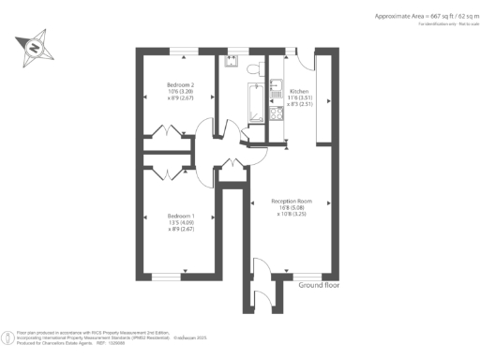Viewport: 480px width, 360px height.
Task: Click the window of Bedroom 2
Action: click(183, 49)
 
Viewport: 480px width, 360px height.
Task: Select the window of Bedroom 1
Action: click(166, 277)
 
